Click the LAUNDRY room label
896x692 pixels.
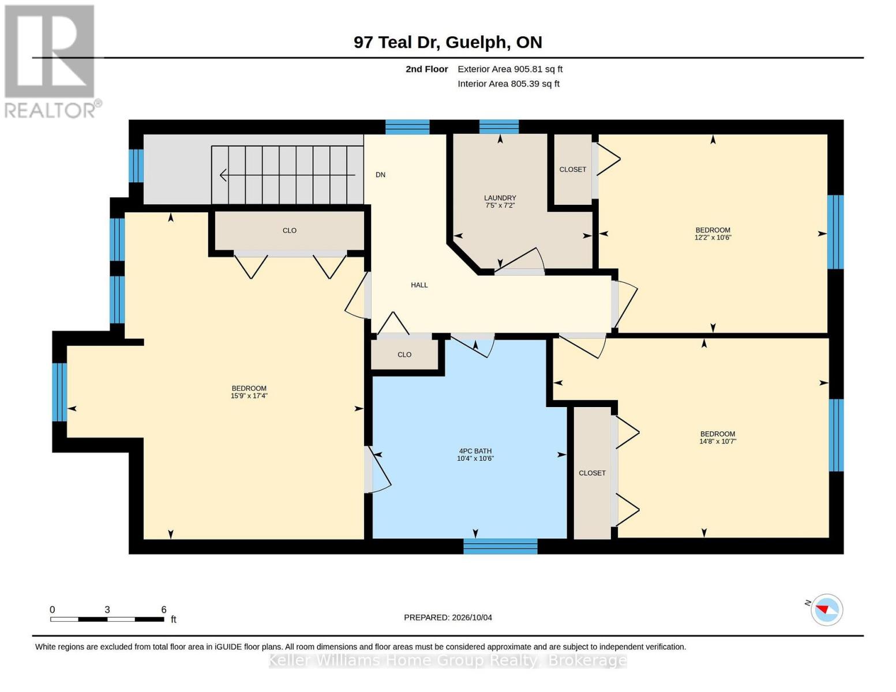[x=500, y=198]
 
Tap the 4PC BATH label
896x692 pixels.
[x=475, y=451]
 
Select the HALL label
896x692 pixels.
[x=419, y=285]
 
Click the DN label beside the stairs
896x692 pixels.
[x=380, y=175]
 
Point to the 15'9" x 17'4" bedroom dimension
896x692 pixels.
[x=249, y=396]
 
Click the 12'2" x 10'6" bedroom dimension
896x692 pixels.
[x=713, y=238]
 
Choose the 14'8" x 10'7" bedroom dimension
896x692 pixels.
[x=718, y=441]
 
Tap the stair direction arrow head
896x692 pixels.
[x=223, y=175]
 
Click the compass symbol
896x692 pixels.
[x=826, y=610]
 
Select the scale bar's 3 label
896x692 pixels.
[x=107, y=610]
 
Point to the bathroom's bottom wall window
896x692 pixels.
[x=500, y=547]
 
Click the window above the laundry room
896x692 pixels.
[x=498, y=127]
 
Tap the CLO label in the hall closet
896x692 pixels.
[x=404, y=355]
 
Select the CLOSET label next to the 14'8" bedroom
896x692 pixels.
[x=592, y=473]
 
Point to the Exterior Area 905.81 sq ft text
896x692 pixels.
[x=509, y=69]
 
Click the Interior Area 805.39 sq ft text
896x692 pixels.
[x=508, y=84]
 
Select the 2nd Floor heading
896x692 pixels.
[x=426, y=69]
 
